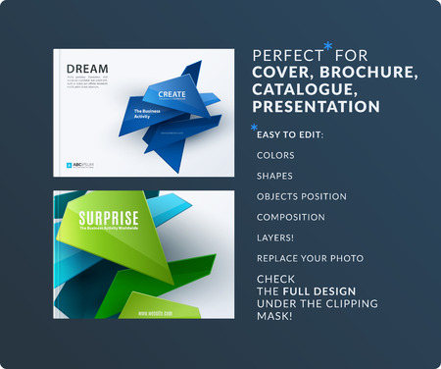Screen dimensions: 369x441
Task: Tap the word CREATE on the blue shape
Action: click(165, 95)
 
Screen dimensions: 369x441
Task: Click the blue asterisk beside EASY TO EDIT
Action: click(255, 129)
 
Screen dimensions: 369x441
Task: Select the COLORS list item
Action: click(275, 155)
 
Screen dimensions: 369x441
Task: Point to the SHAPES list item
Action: click(275, 176)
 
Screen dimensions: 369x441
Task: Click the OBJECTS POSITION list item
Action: click(301, 196)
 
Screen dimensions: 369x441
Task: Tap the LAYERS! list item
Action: click(275, 237)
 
